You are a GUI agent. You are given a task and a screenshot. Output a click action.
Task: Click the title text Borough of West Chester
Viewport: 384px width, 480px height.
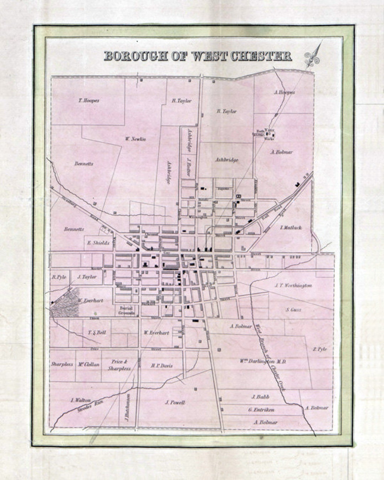pos(198,56)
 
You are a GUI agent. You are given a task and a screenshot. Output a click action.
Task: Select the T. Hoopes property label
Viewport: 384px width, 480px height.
pos(89,101)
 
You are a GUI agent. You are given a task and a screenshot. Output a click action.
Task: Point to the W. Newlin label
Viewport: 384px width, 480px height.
pos(135,139)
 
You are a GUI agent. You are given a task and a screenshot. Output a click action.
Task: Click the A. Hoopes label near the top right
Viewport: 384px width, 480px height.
pos(284,92)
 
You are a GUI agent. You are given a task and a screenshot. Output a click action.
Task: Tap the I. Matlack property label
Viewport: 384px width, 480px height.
pos(291,228)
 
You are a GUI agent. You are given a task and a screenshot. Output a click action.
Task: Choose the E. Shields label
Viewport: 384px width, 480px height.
pos(98,243)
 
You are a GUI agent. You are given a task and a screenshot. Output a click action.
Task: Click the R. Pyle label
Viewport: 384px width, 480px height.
pos(59,277)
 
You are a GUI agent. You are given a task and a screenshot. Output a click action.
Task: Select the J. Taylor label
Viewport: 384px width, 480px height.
pos(87,277)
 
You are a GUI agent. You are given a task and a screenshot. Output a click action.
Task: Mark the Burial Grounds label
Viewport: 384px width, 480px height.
pos(127,311)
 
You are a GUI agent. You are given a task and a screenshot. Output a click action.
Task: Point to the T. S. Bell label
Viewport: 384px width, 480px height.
pos(97,333)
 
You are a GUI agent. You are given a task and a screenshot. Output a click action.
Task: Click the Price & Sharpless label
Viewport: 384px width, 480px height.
pos(119,365)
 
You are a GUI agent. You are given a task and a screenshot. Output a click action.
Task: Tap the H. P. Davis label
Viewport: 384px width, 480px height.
pos(162,366)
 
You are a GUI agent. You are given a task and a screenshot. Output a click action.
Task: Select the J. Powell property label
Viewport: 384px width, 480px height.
pos(175,402)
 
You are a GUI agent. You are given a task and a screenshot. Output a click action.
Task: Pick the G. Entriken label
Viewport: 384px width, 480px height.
pos(261,410)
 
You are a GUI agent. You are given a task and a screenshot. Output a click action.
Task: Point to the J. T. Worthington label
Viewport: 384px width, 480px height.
pos(293,286)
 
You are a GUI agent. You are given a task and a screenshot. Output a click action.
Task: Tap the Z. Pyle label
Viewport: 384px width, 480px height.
pos(320,349)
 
